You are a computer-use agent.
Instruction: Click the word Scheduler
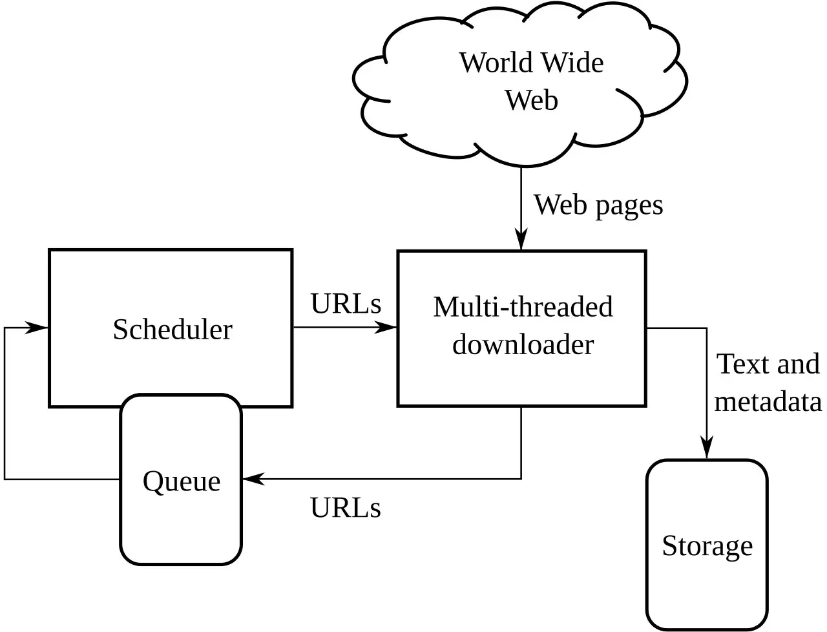tap(172, 330)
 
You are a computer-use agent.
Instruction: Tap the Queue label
tap(182, 481)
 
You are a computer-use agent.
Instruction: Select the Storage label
tap(707, 545)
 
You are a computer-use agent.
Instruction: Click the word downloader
tap(523, 344)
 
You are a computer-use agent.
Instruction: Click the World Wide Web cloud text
tap(531, 81)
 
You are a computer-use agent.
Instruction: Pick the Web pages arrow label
tap(598, 205)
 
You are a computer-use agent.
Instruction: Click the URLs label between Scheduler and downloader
tap(346, 304)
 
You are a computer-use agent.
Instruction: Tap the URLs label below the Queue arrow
tap(346, 508)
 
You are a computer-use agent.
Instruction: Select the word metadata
tap(768, 402)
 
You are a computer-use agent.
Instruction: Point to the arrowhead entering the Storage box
tap(707, 449)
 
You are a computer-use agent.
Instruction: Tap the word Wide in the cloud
tap(571, 63)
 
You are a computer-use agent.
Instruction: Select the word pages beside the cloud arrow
tap(629, 206)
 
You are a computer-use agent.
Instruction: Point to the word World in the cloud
tap(496, 63)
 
